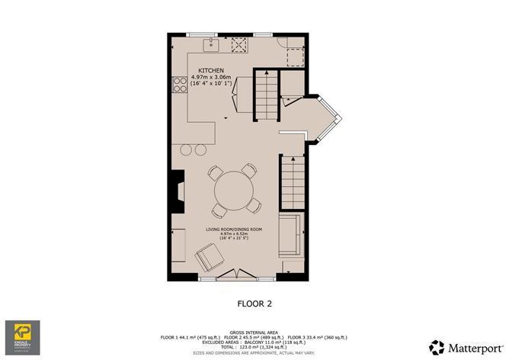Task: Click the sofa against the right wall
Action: (290, 237)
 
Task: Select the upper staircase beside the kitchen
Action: (262, 94)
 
